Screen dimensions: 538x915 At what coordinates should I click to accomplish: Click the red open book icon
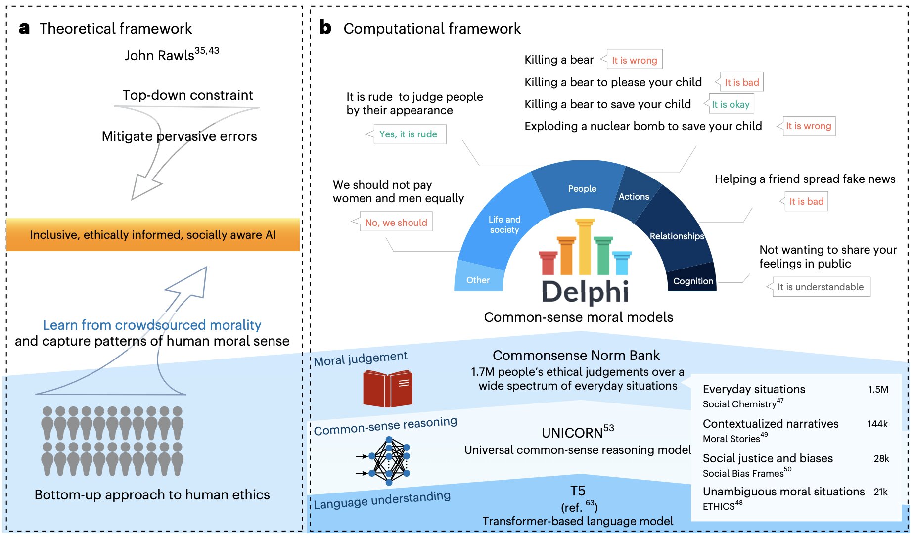[x=387, y=389]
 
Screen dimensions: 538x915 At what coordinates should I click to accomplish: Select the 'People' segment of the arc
[x=582, y=188]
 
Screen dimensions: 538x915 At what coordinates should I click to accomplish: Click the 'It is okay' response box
[x=731, y=104]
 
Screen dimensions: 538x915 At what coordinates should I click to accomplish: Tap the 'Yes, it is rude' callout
[x=408, y=134]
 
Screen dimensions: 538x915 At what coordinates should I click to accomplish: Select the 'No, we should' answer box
[x=396, y=223]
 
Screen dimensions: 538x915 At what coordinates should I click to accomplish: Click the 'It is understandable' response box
[x=821, y=287]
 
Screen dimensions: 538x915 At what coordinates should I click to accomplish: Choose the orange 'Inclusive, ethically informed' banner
[x=153, y=235]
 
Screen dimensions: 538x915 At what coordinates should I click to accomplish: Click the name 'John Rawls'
[x=159, y=56]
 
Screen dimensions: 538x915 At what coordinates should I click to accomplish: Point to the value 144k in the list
[x=877, y=424]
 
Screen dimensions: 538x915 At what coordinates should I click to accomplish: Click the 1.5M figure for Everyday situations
[x=878, y=389]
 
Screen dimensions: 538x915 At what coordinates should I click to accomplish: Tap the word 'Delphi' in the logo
[x=585, y=292]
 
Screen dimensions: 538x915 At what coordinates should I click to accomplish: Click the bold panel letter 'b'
[x=325, y=27]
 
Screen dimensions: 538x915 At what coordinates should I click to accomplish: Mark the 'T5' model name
[x=578, y=491]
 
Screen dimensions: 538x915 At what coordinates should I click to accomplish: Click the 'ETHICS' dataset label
[x=719, y=506]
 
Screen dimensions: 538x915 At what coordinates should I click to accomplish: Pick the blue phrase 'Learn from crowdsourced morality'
[x=152, y=325]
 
